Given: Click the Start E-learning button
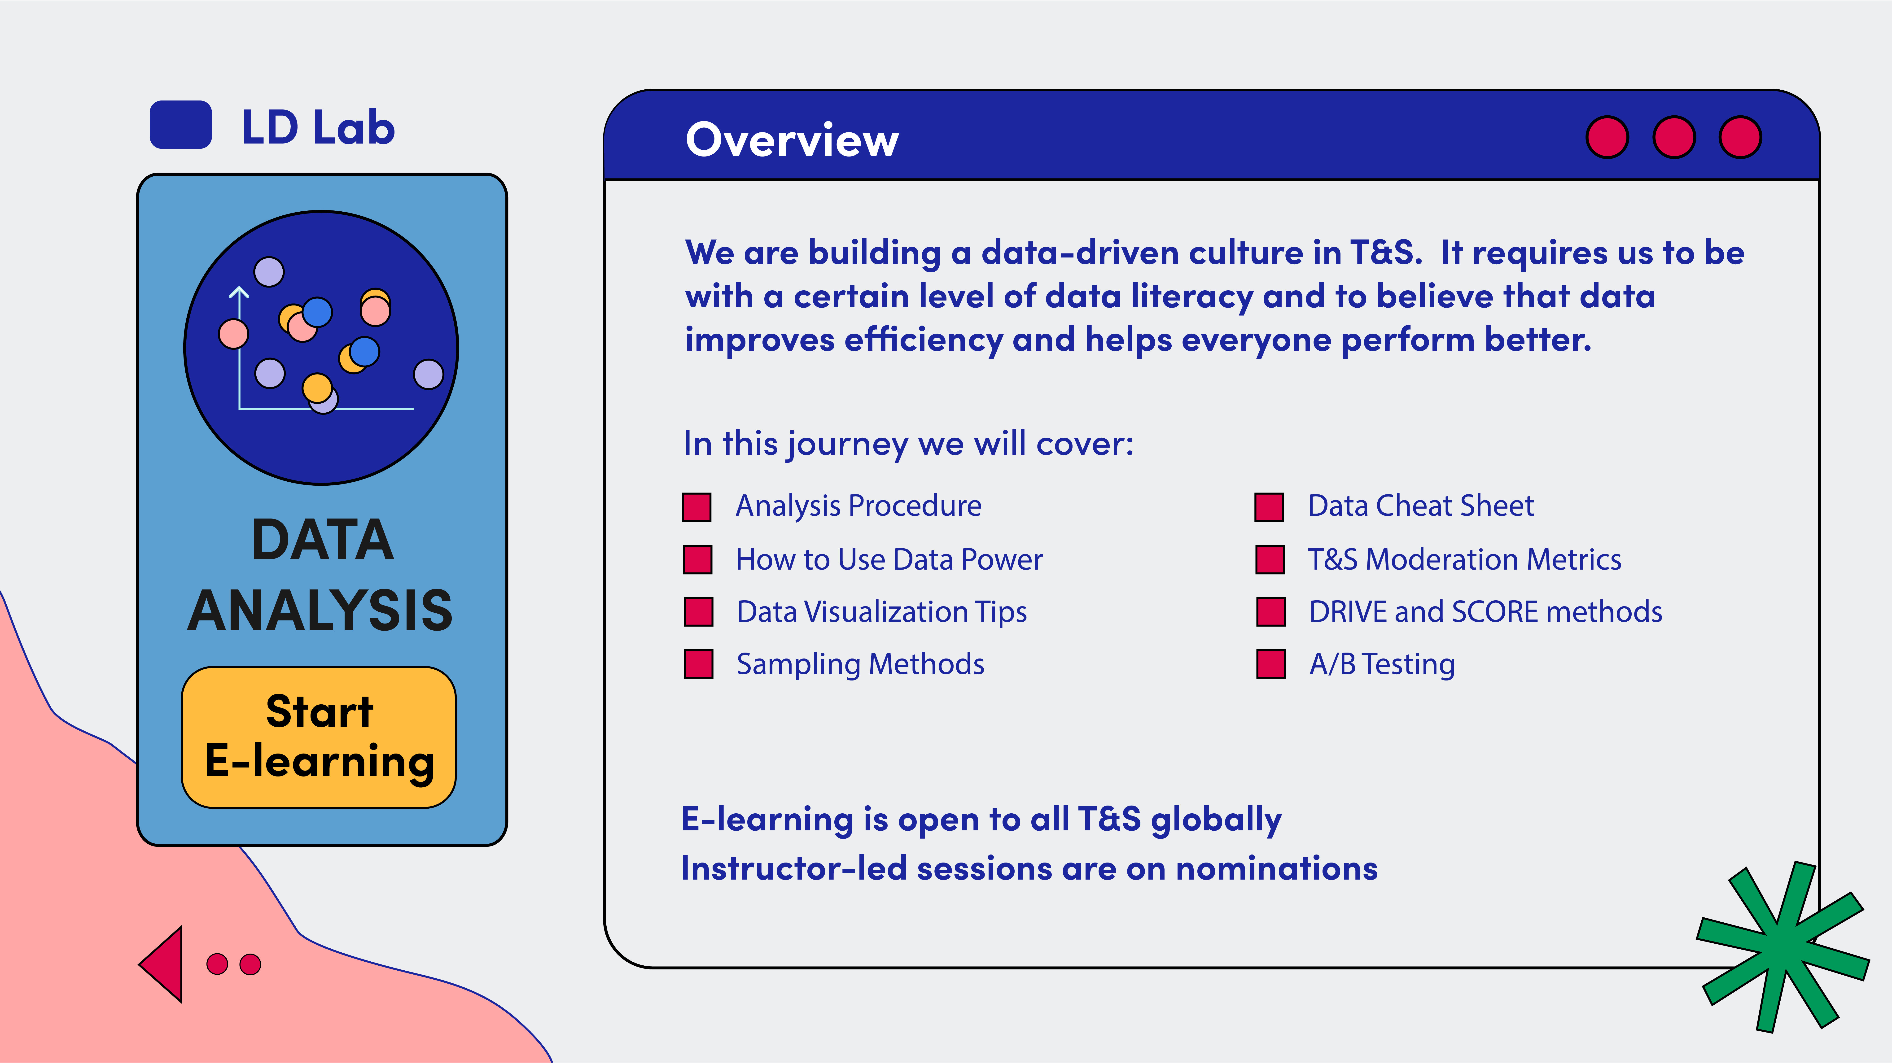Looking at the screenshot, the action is coord(319,737).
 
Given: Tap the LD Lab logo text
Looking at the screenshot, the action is coord(318,127).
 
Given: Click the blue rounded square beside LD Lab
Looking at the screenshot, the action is coord(181,125).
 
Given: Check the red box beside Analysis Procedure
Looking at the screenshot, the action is coord(696,507).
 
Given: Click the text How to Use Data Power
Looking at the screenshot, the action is coord(889,559).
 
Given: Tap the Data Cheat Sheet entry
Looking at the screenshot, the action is coord(1420,506).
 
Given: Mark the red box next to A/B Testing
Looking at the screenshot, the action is coord(1271,664).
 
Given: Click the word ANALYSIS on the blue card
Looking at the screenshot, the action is coord(320,610).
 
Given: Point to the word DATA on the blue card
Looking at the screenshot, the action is coord(322,540).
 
